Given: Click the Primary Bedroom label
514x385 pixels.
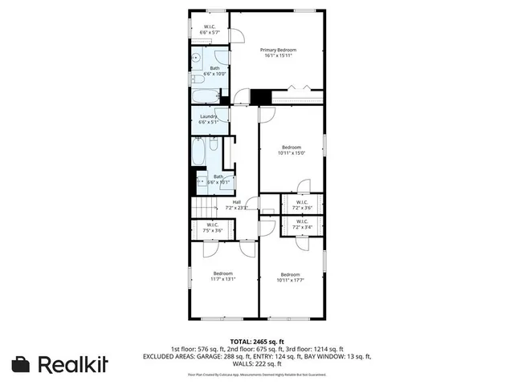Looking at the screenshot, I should (279, 50).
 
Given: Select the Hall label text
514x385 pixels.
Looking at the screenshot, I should (237, 202).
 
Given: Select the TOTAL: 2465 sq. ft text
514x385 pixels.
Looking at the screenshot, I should (257, 341).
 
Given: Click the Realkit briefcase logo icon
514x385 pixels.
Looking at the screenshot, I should (22, 363).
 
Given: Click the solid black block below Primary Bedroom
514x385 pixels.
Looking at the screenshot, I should (260, 96).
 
